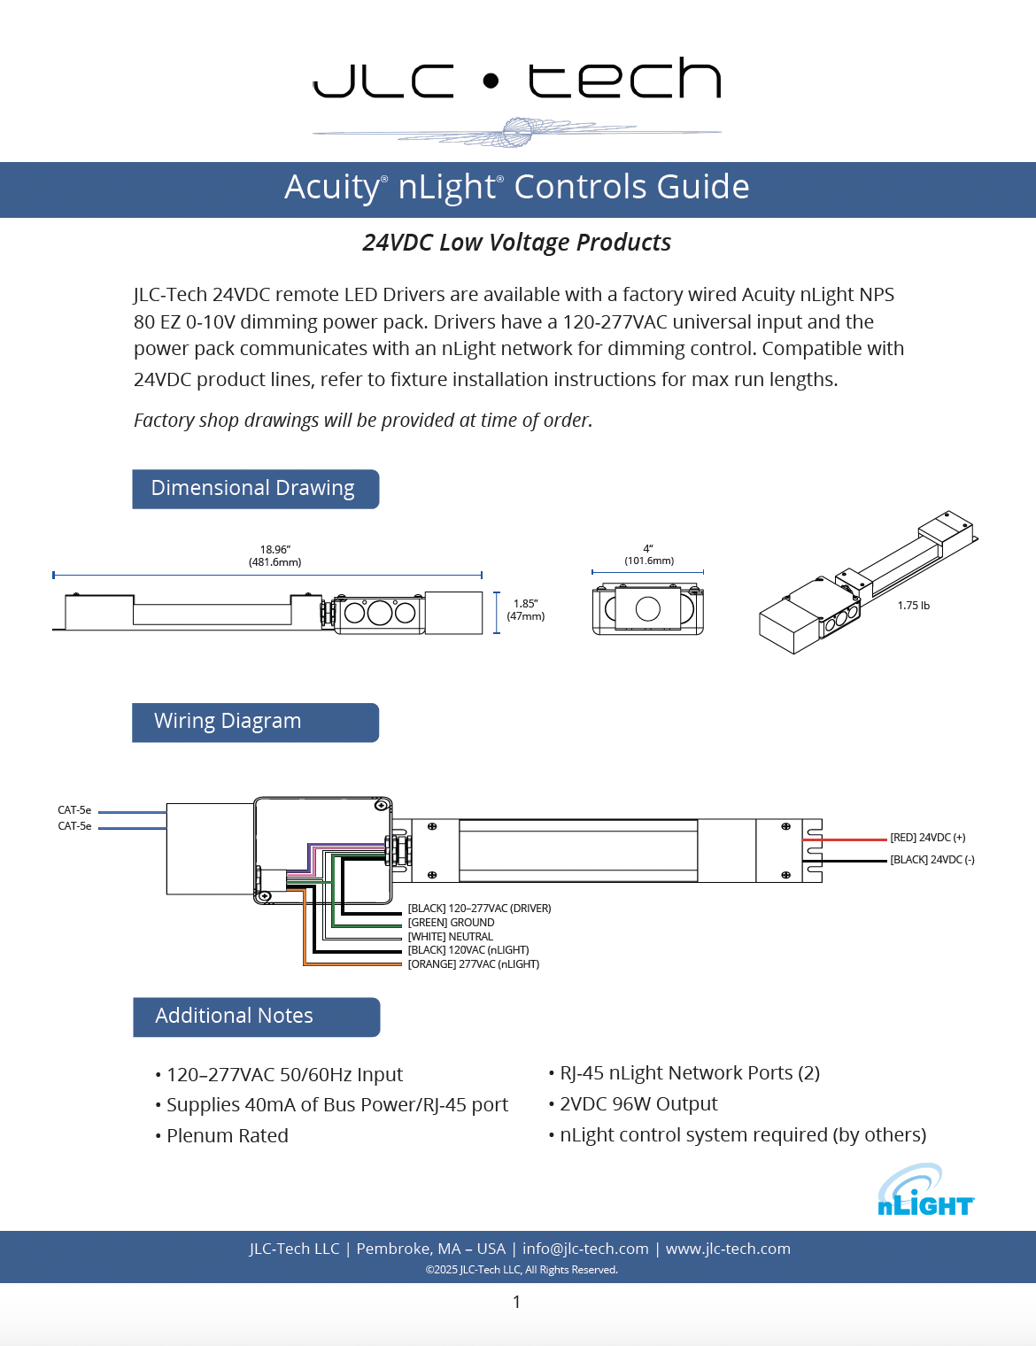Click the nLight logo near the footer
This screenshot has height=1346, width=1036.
[x=926, y=1190]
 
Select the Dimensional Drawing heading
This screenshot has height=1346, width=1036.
[x=255, y=489]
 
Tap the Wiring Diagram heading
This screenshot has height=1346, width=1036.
[x=255, y=723]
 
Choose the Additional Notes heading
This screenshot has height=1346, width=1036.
[x=257, y=1017]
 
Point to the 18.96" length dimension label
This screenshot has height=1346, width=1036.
[x=275, y=555]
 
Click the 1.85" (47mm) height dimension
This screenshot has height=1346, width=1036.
[x=526, y=609]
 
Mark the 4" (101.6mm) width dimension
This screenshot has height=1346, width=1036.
[x=648, y=554]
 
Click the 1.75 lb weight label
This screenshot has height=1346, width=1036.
[x=914, y=605]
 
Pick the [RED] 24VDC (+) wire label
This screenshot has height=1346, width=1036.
[x=928, y=838]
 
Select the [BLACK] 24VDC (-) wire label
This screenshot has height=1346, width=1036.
[x=932, y=860]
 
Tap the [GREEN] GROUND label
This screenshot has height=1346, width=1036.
[x=451, y=923]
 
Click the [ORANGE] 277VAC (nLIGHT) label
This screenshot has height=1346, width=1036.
[x=473, y=963]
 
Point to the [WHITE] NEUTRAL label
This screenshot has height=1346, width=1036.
[x=450, y=937]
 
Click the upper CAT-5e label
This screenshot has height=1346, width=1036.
[x=74, y=809]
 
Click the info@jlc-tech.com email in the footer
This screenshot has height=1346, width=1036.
[x=585, y=1248]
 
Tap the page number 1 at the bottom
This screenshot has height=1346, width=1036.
[x=517, y=1302]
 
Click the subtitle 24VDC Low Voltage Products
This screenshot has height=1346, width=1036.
[x=517, y=243]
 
